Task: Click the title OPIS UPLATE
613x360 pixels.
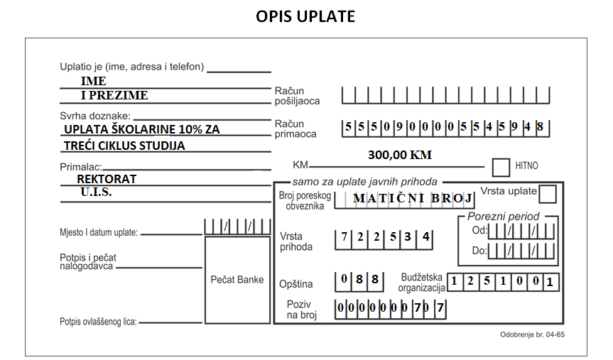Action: (305, 16)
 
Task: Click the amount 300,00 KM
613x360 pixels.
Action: (399, 155)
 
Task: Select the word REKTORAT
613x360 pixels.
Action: (107, 179)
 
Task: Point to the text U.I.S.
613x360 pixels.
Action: (96, 192)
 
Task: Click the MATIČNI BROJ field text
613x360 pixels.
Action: (413, 198)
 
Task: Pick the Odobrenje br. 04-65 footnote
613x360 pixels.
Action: (532, 334)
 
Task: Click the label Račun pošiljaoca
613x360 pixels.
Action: (297, 96)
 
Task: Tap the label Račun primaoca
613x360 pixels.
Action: (295, 129)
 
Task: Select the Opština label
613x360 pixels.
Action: (296, 284)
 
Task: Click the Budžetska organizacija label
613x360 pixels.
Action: (421, 283)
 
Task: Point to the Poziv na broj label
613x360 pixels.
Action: (301, 310)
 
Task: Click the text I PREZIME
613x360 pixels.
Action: (114, 95)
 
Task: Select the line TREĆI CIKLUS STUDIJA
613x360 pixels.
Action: (124, 146)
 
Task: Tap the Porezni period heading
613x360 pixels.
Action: (503, 217)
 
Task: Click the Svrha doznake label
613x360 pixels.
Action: (95, 116)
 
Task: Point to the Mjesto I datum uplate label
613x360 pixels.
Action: (99, 233)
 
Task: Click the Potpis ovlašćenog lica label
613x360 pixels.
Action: (98, 322)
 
